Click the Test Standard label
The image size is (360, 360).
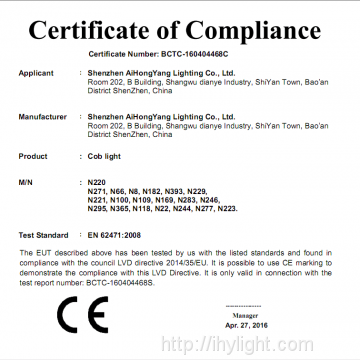43,234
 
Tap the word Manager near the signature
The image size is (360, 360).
260,312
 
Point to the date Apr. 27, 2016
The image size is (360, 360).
260,324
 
